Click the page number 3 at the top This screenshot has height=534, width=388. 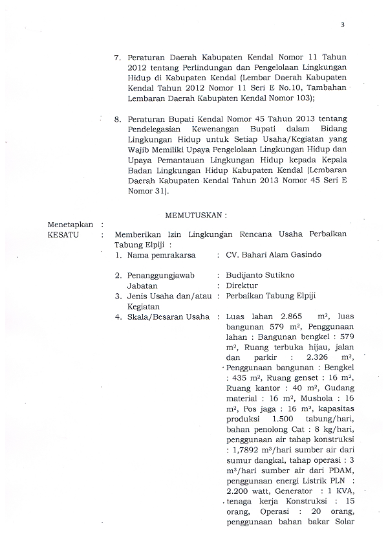342,25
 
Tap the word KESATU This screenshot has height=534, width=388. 63,234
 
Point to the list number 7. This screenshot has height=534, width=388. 117,58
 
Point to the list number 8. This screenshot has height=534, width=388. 117,120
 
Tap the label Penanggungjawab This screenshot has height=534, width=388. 164,275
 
